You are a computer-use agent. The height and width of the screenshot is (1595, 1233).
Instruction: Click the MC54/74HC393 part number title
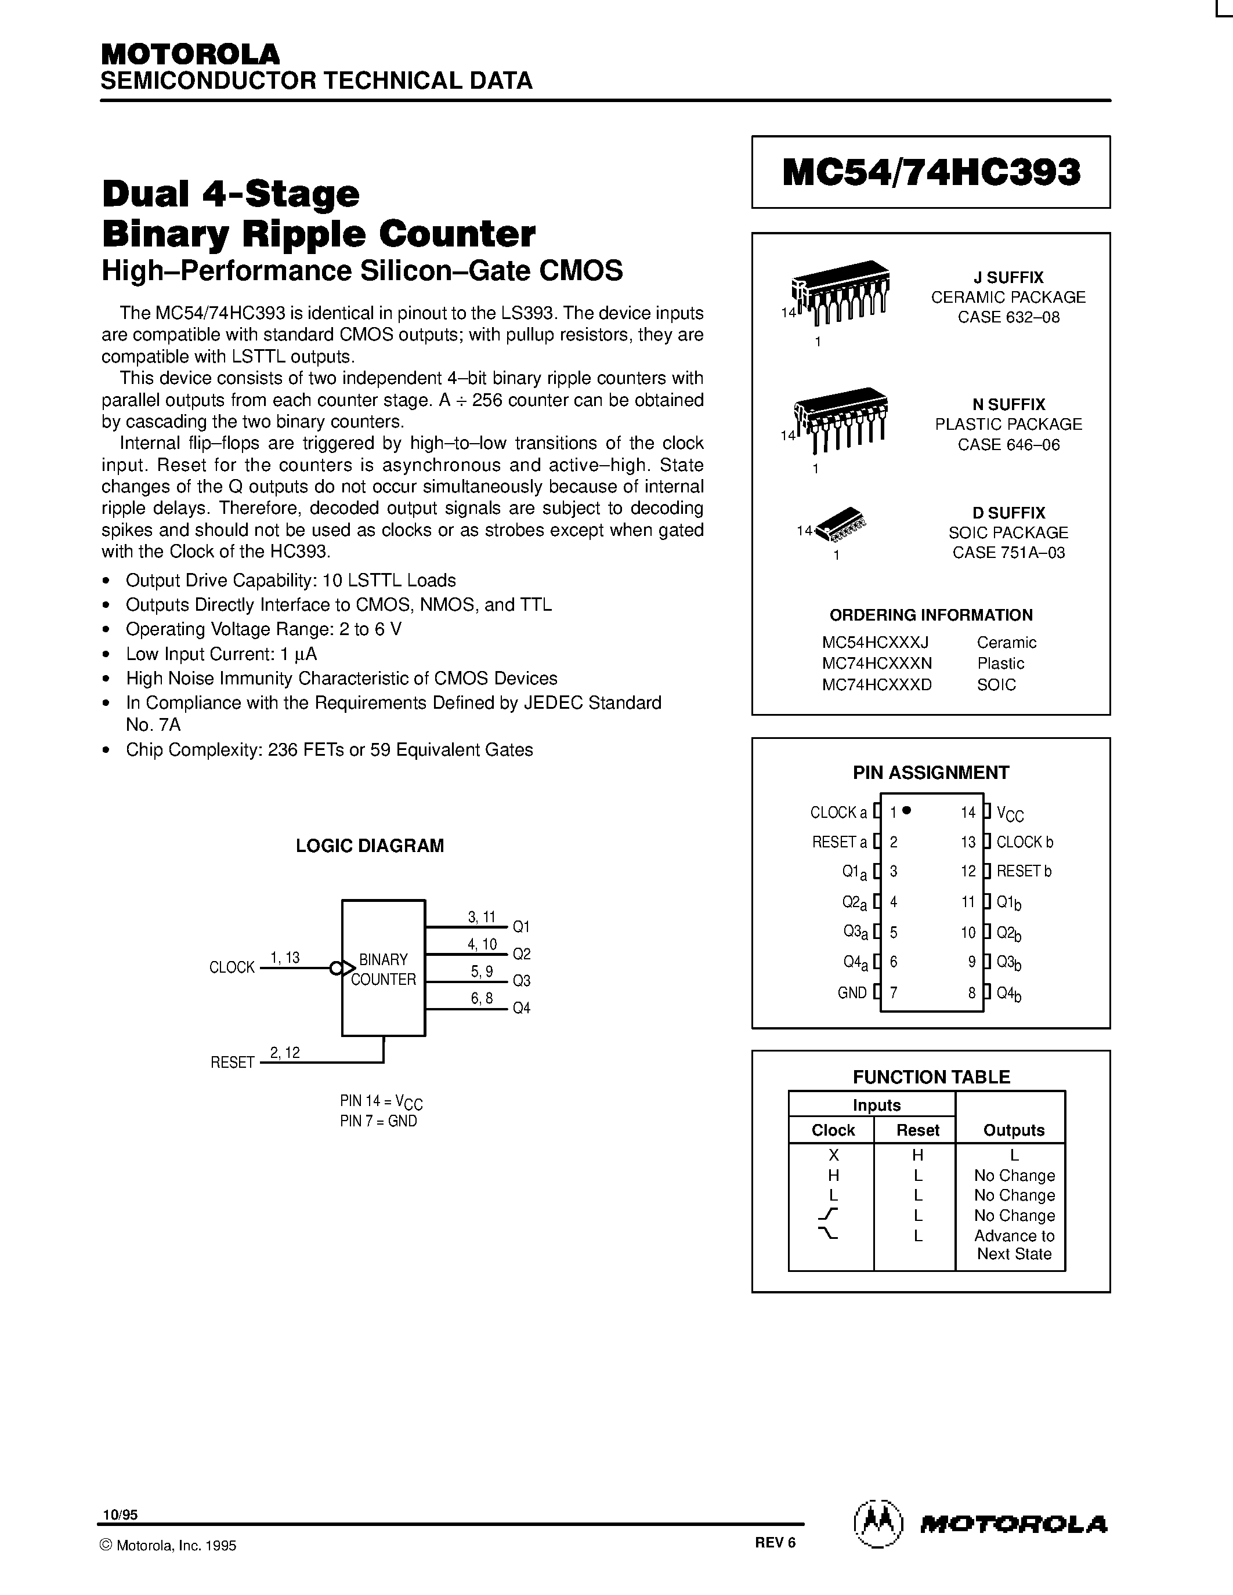coord(931,172)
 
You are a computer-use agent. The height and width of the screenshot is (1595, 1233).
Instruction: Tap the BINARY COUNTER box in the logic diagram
coord(383,969)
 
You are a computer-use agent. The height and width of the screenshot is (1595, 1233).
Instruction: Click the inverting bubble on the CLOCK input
coord(336,969)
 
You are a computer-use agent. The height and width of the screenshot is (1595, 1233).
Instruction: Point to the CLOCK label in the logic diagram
coord(232,967)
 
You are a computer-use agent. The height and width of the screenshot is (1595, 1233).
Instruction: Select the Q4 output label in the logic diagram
coord(521,1009)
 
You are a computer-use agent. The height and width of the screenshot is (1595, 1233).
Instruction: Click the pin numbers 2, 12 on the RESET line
coord(285,1052)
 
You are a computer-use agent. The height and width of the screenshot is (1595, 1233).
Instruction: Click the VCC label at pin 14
coord(1010,814)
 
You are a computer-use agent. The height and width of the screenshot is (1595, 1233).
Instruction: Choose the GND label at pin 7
coord(852,993)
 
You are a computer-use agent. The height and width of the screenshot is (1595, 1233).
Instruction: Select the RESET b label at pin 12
coord(1024,871)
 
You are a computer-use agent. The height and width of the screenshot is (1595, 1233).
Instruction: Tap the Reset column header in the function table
coord(917,1130)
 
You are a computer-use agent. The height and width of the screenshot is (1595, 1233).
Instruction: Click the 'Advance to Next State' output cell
coord(1014,1245)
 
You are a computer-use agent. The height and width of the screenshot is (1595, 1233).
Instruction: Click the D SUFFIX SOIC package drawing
coord(840,524)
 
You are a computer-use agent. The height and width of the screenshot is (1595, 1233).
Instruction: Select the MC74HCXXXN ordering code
coord(877,663)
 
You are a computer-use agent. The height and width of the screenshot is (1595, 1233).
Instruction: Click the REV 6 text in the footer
coord(775,1542)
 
